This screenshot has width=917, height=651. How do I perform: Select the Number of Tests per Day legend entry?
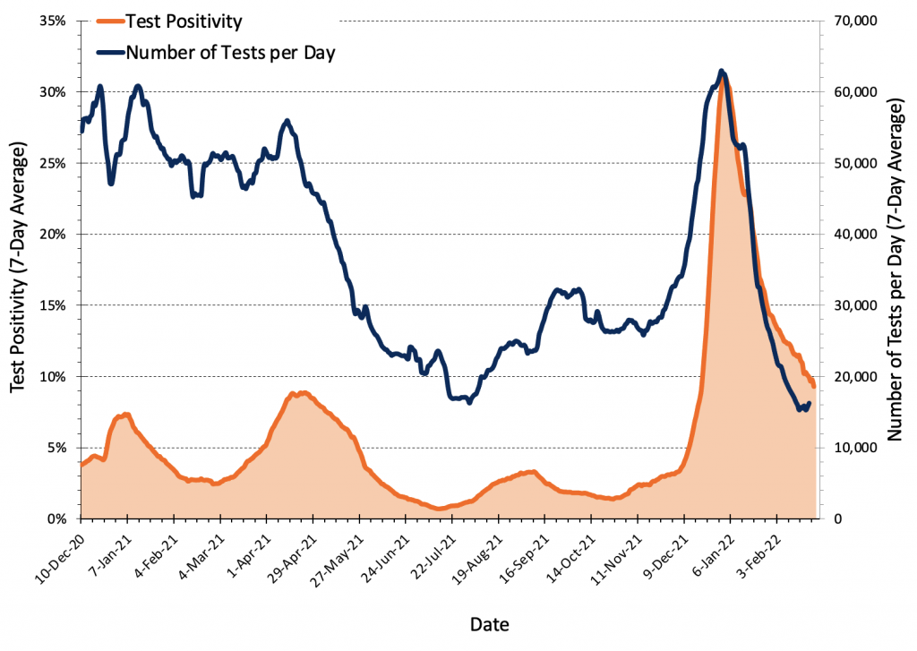coord(230,52)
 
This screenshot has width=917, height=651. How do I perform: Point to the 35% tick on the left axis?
coord(53,21)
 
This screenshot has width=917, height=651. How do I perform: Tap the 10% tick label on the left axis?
coord(53,376)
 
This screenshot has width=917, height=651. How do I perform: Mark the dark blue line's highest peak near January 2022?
coord(722,71)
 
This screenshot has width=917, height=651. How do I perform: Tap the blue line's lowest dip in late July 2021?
coord(469,402)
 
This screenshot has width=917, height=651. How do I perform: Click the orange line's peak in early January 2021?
coord(126,414)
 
